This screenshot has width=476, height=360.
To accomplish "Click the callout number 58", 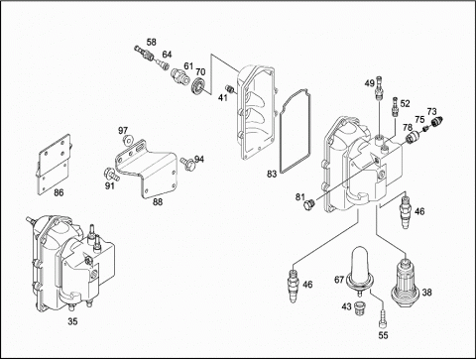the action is pyautogui.click(x=152, y=43).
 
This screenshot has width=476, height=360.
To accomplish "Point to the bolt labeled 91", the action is pyautogui.click(x=111, y=174).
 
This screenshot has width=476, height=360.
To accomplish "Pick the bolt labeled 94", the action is pyautogui.click(x=187, y=163).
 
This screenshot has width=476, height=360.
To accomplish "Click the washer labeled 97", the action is pyautogui.click(x=127, y=140).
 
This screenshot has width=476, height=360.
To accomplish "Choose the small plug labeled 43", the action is pyautogui.click(x=359, y=308).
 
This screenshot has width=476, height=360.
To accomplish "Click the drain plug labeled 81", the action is pyautogui.click(x=308, y=204).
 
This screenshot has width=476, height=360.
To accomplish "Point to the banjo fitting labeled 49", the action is pyautogui.click(x=379, y=88).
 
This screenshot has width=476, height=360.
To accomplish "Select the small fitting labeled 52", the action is pyautogui.click(x=395, y=106).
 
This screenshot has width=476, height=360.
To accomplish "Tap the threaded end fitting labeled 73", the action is pyautogui.click(x=437, y=122).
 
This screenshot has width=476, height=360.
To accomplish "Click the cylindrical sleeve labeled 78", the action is pyautogui.click(x=412, y=137).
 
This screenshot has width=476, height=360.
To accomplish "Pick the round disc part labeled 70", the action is pyautogui.click(x=199, y=86).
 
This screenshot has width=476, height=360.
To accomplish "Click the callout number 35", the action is pyautogui.click(x=72, y=321).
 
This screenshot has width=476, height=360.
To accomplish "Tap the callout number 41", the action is pyautogui.click(x=223, y=97).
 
